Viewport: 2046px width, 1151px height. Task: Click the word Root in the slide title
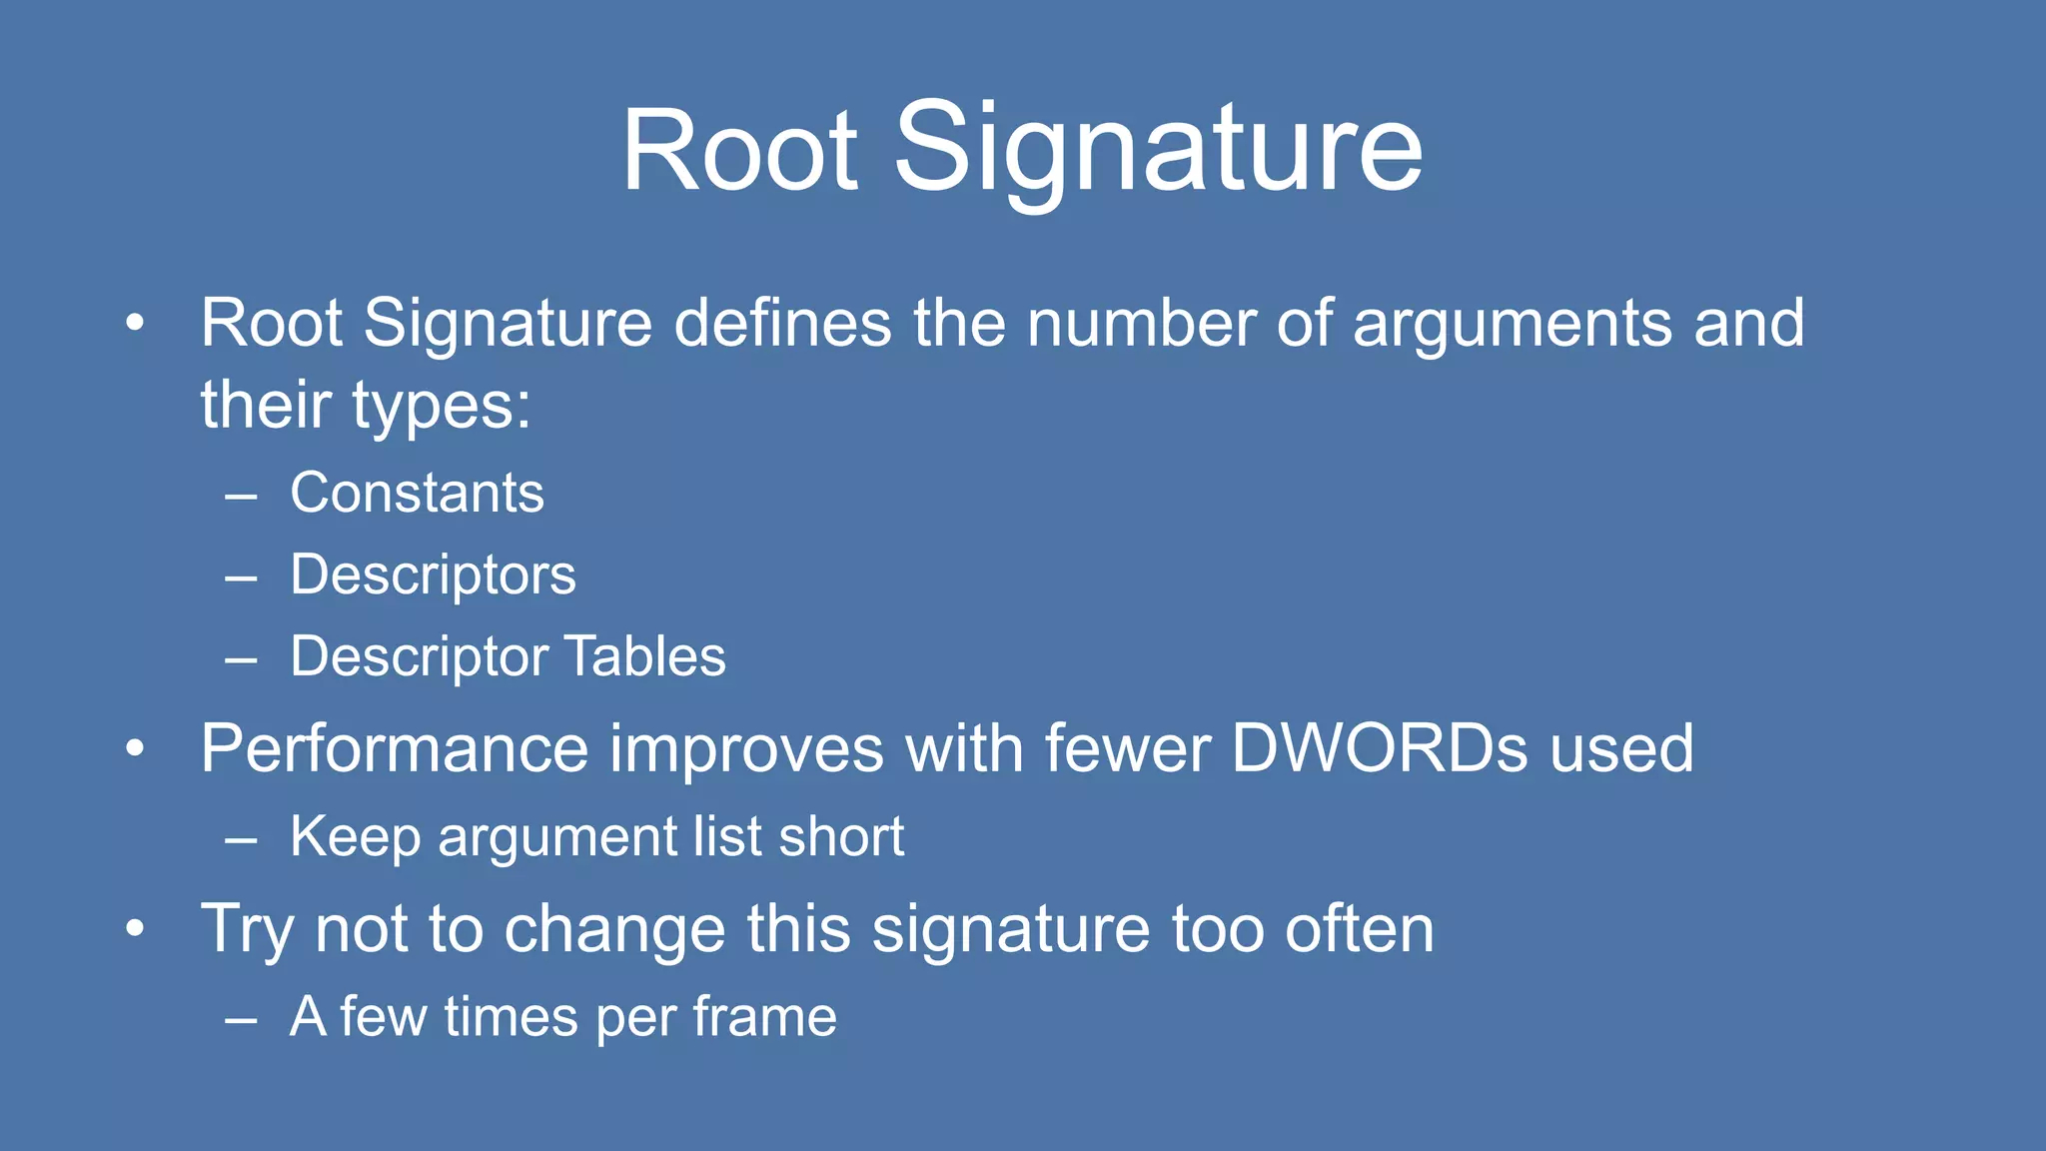point(739,150)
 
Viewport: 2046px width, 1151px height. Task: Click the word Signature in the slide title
point(1158,150)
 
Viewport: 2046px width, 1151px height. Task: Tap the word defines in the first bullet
point(782,323)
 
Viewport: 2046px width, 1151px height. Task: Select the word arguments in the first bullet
point(1512,323)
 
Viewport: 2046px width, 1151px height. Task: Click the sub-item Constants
point(417,493)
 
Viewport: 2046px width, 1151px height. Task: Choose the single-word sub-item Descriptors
point(433,575)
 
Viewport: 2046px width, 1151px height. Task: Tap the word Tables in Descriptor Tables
point(645,656)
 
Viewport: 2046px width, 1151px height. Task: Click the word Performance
point(395,748)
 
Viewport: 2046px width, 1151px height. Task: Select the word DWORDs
point(1379,748)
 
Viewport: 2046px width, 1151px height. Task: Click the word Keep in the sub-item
point(355,837)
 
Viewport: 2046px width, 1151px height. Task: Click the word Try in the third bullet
point(247,930)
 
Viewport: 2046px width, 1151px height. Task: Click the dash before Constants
point(242,495)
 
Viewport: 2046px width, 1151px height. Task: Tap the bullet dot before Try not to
point(136,928)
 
